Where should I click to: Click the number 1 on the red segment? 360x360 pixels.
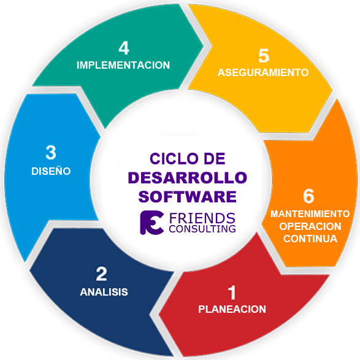click(232, 293)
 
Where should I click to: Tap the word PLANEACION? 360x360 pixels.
click(232, 309)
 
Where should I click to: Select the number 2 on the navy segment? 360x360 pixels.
click(101, 274)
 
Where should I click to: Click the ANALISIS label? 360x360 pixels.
click(104, 292)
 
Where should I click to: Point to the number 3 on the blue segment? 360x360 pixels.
click(51, 153)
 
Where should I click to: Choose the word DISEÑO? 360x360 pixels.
click(51, 171)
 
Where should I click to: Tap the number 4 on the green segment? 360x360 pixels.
click(124, 48)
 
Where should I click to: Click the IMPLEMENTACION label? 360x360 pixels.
click(123, 65)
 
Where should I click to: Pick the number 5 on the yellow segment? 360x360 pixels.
click(264, 56)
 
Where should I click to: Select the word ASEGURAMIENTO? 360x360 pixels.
click(263, 72)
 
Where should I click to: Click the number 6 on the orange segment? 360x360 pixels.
click(308, 196)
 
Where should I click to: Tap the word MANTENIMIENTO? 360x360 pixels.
click(310, 214)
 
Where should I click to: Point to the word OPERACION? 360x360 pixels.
click(310, 226)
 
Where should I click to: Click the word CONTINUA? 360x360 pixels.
click(310, 239)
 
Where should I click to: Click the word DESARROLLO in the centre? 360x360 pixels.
click(187, 178)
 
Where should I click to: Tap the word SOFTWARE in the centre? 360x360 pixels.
click(187, 197)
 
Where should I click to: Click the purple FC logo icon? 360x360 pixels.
click(151, 223)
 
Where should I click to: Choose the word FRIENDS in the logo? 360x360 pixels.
click(202, 218)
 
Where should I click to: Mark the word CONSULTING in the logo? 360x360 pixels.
click(202, 229)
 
